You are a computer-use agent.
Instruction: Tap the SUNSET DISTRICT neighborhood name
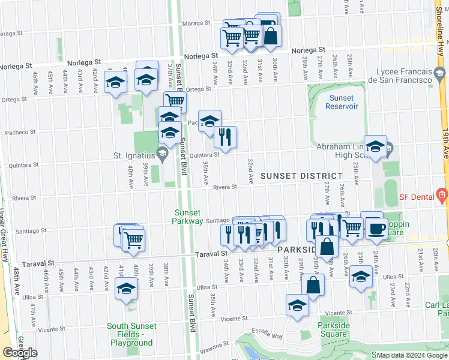tap(301, 175)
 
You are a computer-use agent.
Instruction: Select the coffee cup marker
tap(376, 228)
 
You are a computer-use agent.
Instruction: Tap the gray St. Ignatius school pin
tap(161, 154)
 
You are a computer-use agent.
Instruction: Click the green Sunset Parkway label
tap(189, 216)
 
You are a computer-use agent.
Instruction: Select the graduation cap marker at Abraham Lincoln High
tap(375, 146)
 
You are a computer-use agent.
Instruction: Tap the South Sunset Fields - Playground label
tap(131, 335)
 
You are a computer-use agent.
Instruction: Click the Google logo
tap(20, 353)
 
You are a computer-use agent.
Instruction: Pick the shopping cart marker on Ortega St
tap(175, 101)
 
